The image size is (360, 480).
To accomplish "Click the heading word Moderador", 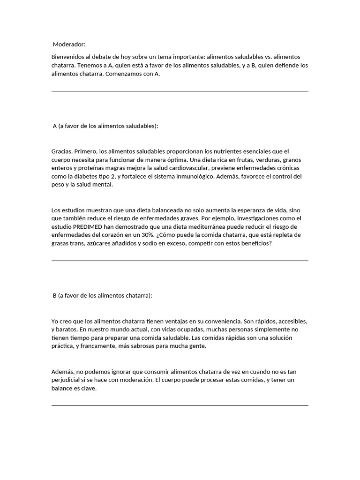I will (x=69, y=45).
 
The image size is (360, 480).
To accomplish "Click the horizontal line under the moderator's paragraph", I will (x=180, y=91).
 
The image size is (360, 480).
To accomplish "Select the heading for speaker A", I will (x=105, y=126).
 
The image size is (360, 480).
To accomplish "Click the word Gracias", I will (x=62, y=151).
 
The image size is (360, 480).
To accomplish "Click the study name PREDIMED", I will (x=90, y=227).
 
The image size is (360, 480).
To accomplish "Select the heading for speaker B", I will (x=103, y=295).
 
